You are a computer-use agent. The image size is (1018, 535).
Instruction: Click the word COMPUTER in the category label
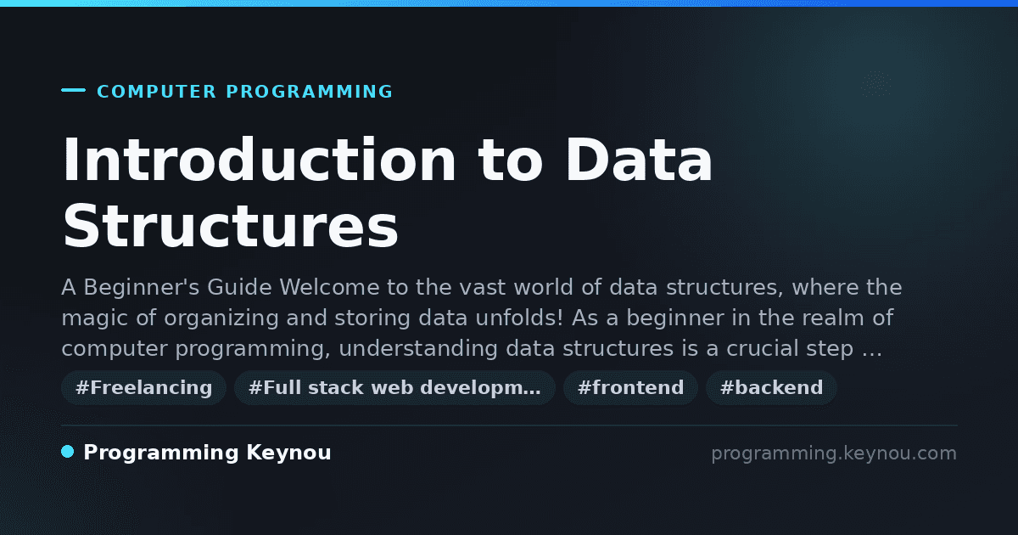click(156, 92)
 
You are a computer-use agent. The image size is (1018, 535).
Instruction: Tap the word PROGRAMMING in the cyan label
click(309, 92)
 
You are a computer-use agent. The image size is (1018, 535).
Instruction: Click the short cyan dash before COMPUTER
click(73, 90)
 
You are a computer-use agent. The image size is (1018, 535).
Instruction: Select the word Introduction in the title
click(259, 160)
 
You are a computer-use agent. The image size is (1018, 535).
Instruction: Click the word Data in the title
click(639, 160)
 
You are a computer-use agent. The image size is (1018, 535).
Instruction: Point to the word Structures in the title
click(231, 226)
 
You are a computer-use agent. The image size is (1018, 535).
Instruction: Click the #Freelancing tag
click(143, 387)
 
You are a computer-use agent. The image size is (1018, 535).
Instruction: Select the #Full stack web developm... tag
click(394, 387)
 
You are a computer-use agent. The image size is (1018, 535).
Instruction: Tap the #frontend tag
click(630, 387)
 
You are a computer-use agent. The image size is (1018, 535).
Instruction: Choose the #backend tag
click(771, 387)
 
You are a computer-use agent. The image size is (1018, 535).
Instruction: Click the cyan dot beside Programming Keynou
click(68, 452)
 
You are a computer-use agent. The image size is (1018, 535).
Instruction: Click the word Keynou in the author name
click(288, 453)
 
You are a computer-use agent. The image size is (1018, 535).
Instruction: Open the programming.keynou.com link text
click(834, 453)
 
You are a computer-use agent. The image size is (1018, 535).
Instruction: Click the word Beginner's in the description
click(142, 288)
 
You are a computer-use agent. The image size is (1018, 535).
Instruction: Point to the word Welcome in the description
click(329, 288)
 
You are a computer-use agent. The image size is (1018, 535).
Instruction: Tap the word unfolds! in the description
click(519, 318)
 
